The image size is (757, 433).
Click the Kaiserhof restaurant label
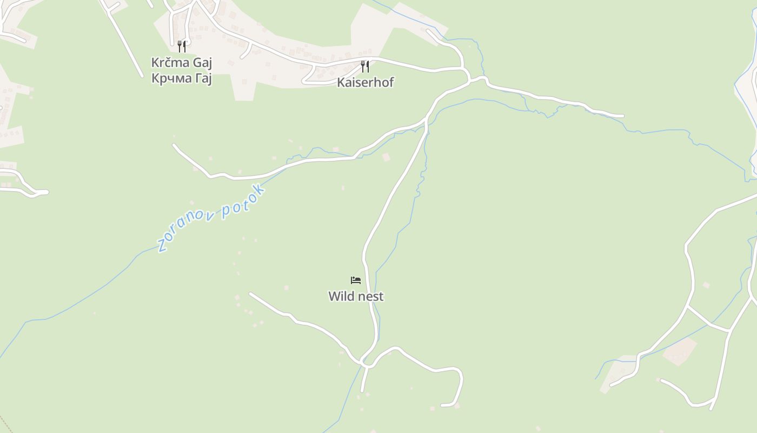366,82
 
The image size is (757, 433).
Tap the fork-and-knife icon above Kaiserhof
366,67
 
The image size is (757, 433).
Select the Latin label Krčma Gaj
181,63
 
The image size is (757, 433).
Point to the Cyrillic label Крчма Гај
181,78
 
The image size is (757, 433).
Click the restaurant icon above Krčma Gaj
182,47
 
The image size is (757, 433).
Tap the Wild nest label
356,297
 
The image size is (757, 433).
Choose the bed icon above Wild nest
356,280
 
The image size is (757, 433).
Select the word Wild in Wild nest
341,297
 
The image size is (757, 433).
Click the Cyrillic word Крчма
171,78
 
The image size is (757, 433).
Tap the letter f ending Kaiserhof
391,82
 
